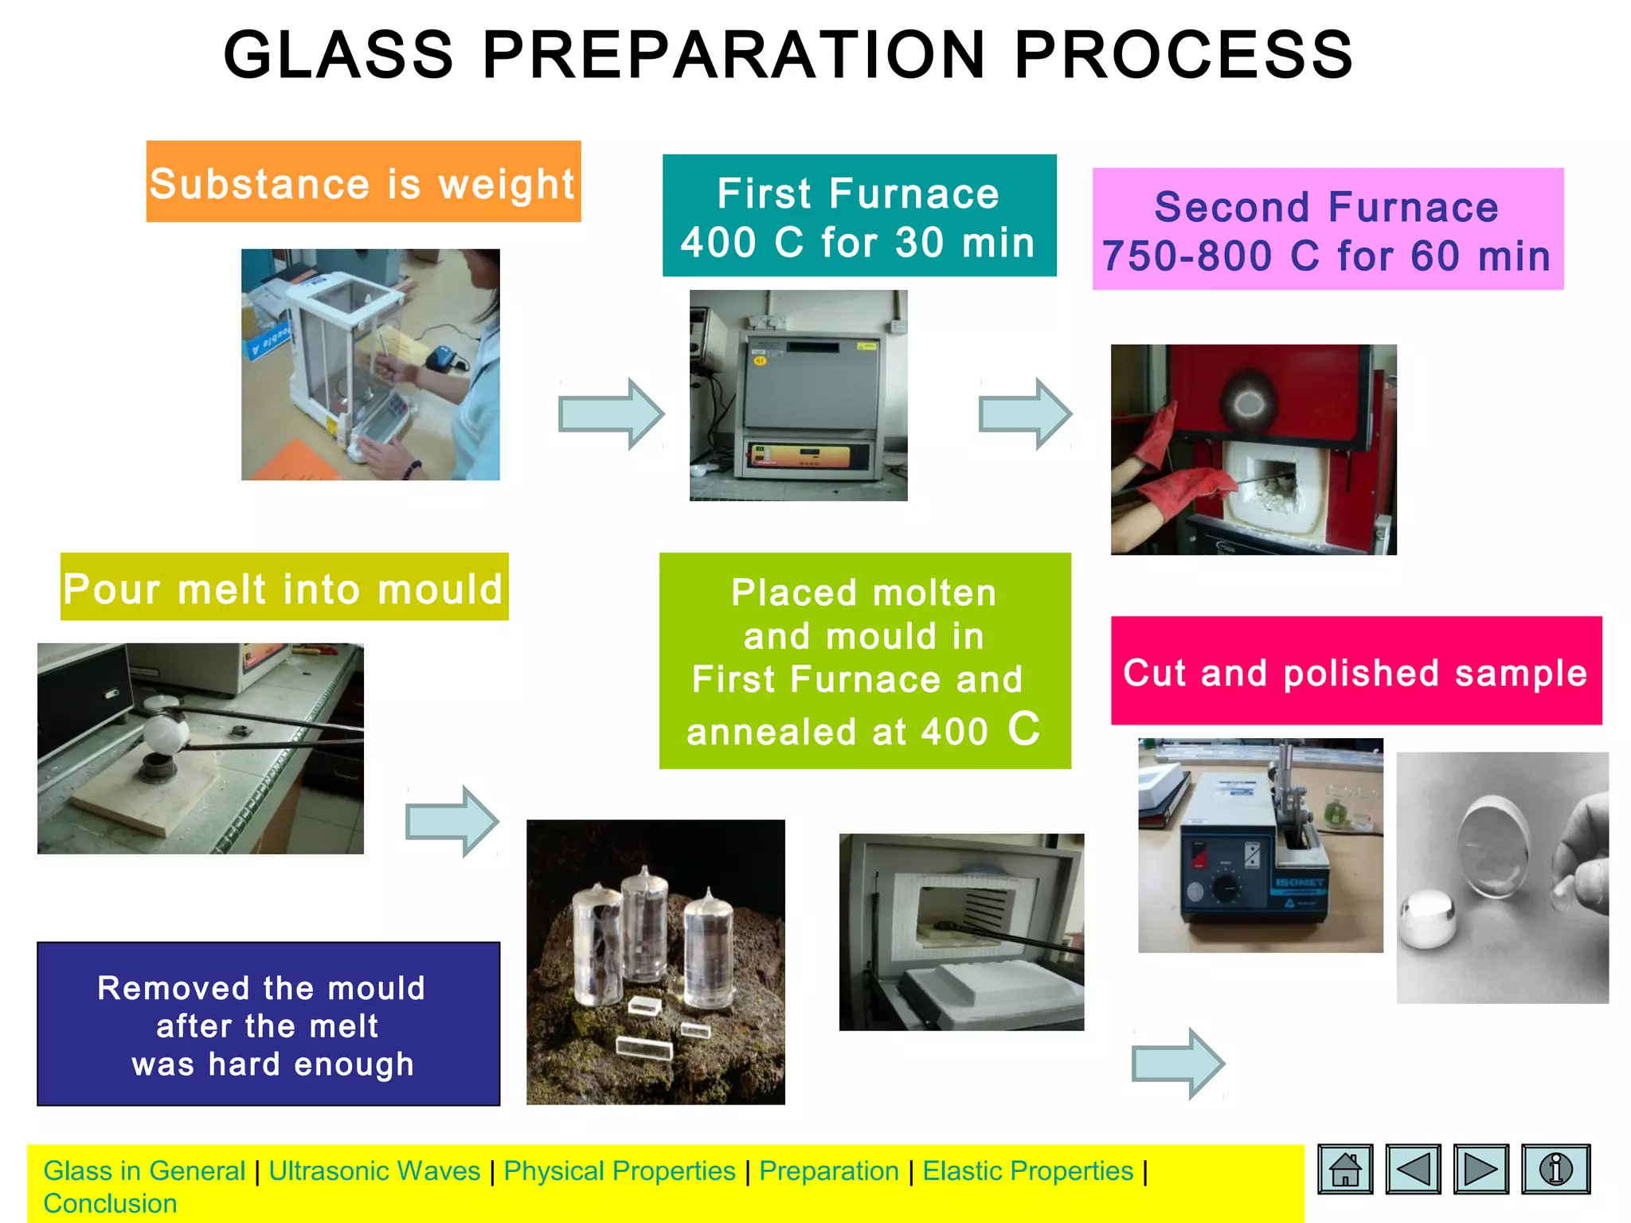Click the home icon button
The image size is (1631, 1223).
coord(1345,1169)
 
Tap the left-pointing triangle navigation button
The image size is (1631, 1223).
coord(1413,1169)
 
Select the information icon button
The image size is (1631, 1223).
coord(1555,1169)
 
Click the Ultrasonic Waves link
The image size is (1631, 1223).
coord(374,1171)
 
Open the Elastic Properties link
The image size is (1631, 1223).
coord(1027,1171)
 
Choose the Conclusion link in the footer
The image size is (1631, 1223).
coord(110,1204)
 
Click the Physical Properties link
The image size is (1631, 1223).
coord(620,1171)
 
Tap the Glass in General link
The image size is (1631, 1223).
coord(144,1171)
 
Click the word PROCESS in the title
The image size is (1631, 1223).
coord(1183,56)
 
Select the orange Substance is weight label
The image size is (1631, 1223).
coord(363,182)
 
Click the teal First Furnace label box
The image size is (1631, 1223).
coord(859,216)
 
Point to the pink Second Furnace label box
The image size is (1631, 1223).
coord(1328,229)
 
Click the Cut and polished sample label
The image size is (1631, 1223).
coord(1355,671)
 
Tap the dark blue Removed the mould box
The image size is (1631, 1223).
coord(268,1024)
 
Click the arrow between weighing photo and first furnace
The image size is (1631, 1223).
coord(612,414)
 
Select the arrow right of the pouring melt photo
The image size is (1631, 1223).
coord(452,822)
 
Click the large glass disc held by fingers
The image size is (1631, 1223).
coord(1493,850)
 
